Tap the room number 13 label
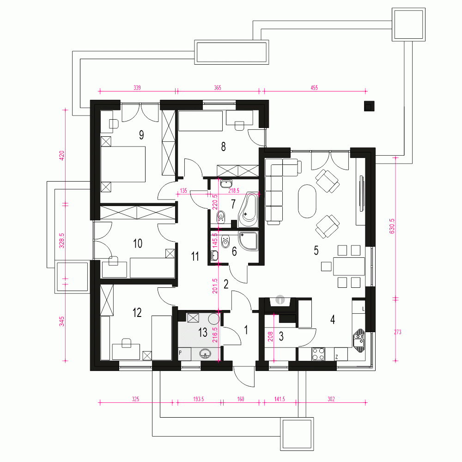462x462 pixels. click(x=203, y=333)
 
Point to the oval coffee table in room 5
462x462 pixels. click(x=307, y=201)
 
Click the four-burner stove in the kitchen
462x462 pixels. click(x=318, y=354)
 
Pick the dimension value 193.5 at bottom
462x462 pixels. click(x=199, y=398)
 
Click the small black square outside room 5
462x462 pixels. click(x=369, y=106)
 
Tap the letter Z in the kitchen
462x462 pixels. click(x=337, y=357)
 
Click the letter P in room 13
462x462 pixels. click(x=181, y=352)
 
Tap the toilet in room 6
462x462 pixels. click(x=225, y=241)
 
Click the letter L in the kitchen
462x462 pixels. click(x=364, y=308)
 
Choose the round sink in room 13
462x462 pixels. click(x=206, y=354)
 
